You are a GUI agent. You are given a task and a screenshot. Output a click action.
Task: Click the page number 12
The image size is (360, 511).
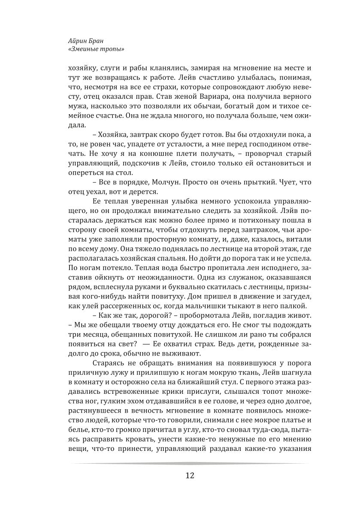coord(191,475)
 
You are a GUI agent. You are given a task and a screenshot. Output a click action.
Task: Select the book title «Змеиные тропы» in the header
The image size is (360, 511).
coord(91,49)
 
